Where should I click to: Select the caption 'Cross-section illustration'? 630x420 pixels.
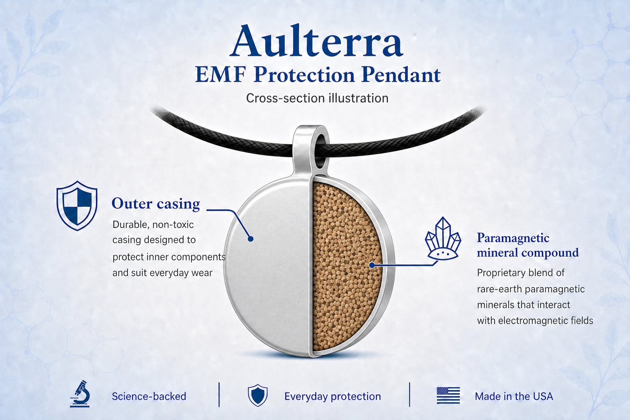(x=317, y=98)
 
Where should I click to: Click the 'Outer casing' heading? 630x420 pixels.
(x=156, y=204)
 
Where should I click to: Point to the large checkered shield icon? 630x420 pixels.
(x=77, y=205)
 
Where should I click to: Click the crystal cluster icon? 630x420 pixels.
(x=443, y=238)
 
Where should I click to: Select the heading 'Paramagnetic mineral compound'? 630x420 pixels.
(x=527, y=245)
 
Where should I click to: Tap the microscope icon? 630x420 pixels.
(x=80, y=394)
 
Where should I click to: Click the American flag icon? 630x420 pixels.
(x=448, y=395)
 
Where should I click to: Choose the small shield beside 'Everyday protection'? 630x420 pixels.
(x=258, y=395)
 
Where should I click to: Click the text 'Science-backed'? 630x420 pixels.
(x=149, y=396)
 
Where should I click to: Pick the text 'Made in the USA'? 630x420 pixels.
(x=514, y=396)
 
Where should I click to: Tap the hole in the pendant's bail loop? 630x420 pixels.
(x=320, y=151)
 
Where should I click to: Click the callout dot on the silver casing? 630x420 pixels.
(x=251, y=239)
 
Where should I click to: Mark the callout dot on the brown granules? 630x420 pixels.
(x=372, y=265)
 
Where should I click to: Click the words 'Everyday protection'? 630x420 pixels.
(x=333, y=397)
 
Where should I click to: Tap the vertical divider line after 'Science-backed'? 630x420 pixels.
(x=219, y=395)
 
